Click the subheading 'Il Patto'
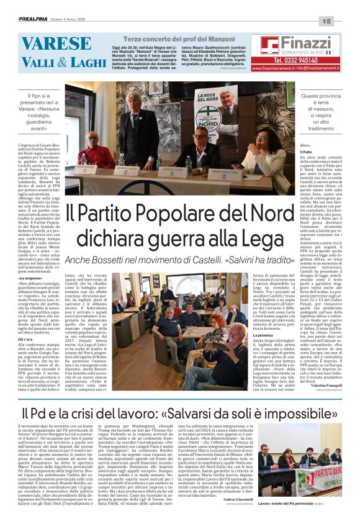click(306, 152)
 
